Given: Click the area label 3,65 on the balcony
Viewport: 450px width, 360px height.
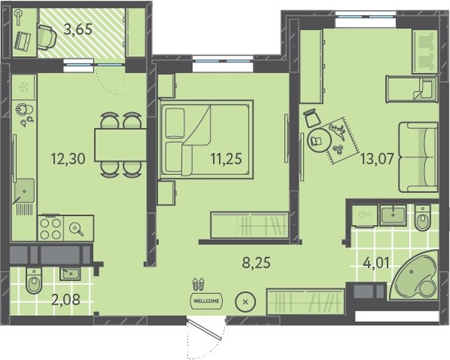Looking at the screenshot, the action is tap(78, 30).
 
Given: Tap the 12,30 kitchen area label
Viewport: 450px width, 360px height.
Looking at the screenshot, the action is tap(68, 158).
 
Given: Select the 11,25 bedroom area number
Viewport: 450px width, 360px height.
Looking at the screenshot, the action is tap(227, 158).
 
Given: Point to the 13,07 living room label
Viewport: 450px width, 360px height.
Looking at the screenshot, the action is tap(377, 158).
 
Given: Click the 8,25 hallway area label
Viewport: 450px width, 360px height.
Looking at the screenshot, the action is tap(256, 262).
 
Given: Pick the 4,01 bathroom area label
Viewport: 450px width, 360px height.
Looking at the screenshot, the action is tap(376, 263).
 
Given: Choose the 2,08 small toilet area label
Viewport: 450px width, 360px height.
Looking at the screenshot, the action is tap(66, 300).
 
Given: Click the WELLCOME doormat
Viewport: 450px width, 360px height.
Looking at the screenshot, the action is tap(206, 301).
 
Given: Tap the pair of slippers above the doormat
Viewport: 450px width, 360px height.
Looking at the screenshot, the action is tap(198, 283).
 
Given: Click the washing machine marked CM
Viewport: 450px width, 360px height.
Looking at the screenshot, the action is tap(364, 215).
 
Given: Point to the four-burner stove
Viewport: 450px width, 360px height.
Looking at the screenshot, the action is tap(51, 228).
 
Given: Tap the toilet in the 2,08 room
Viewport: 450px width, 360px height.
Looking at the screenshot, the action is tap(34, 281).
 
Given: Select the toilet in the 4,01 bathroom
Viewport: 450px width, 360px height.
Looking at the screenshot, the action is tap(423, 218).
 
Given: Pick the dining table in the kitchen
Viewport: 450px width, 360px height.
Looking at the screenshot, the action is tap(120, 146).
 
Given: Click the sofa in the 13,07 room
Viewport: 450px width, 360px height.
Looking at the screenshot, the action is tap(418, 157).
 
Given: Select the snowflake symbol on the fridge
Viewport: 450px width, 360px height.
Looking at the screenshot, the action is tap(23, 87).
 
